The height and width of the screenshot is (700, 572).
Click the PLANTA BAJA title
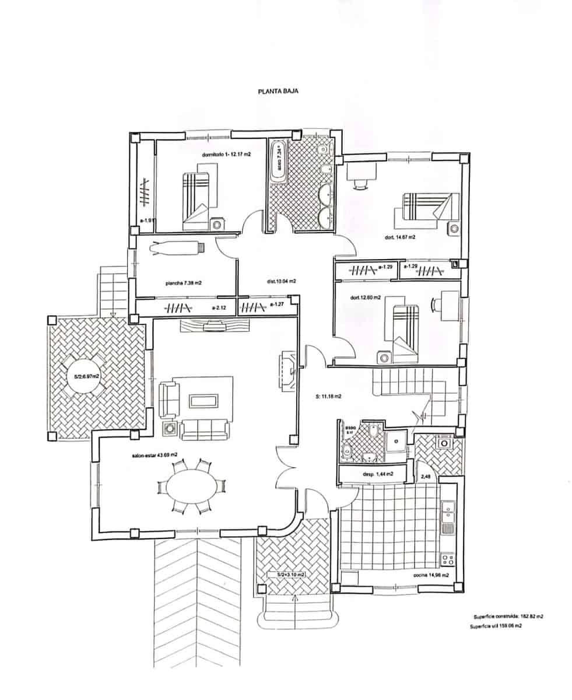tap(278, 92)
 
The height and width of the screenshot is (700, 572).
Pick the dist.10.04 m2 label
tap(282, 281)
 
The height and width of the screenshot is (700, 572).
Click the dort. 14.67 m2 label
tap(400, 237)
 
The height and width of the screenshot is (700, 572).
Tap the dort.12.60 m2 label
tap(366, 297)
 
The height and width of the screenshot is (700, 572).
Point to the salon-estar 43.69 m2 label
tap(155, 454)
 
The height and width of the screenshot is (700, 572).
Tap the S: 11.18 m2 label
tap(328, 396)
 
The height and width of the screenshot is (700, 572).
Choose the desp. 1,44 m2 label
tap(378, 474)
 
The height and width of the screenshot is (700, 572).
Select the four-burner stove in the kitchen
tap(447, 560)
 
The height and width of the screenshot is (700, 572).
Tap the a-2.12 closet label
tap(219, 307)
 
